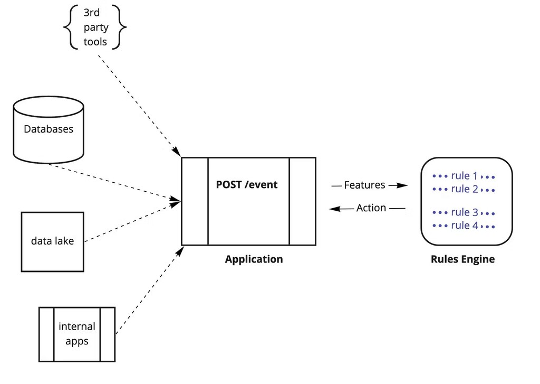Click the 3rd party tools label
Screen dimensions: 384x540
coord(95,27)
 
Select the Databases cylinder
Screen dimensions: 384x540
coord(49,129)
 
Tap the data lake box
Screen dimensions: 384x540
coord(52,241)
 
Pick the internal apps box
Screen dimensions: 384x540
coord(77,334)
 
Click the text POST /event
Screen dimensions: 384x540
coord(246,185)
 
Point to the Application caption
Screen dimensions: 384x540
coord(254,259)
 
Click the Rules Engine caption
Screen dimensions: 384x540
coord(462,259)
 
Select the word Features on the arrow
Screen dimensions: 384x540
coord(364,185)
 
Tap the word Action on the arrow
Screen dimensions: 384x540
coord(371,208)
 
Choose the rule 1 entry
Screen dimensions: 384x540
coord(464,176)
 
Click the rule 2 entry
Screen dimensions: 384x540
coord(464,189)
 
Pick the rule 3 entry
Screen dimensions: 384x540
coord(464,212)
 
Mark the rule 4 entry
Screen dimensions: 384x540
coord(464,226)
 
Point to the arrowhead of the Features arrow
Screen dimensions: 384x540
coord(403,185)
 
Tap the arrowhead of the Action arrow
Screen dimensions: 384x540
coord(334,209)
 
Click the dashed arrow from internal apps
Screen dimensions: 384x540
coord(148,291)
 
